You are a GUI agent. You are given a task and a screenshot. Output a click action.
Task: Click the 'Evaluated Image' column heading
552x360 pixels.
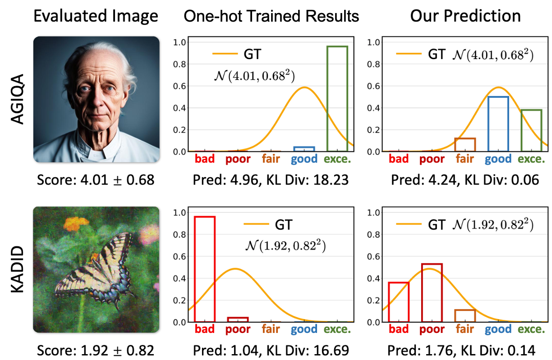point(96,17)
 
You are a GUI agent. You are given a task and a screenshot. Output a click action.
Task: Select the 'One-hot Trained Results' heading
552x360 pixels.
point(271,17)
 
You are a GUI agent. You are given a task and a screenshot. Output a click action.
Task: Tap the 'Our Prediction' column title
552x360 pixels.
point(465,17)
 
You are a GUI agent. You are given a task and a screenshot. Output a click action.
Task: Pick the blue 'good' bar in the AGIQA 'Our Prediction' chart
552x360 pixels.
point(498,124)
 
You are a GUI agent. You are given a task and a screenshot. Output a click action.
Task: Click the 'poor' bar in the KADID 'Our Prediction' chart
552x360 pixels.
point(432,293)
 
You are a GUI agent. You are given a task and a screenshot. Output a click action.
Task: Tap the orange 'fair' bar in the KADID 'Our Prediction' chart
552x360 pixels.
point(465,316)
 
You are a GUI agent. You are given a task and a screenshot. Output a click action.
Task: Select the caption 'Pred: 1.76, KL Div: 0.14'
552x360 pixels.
point(465,350)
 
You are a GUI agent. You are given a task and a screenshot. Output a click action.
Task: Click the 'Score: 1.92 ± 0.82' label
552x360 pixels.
point(96,350)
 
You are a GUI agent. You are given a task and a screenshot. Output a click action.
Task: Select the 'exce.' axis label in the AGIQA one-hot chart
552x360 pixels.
point(337,159)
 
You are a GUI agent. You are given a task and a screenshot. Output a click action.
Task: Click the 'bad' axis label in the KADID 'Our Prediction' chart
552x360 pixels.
point(399,329)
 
